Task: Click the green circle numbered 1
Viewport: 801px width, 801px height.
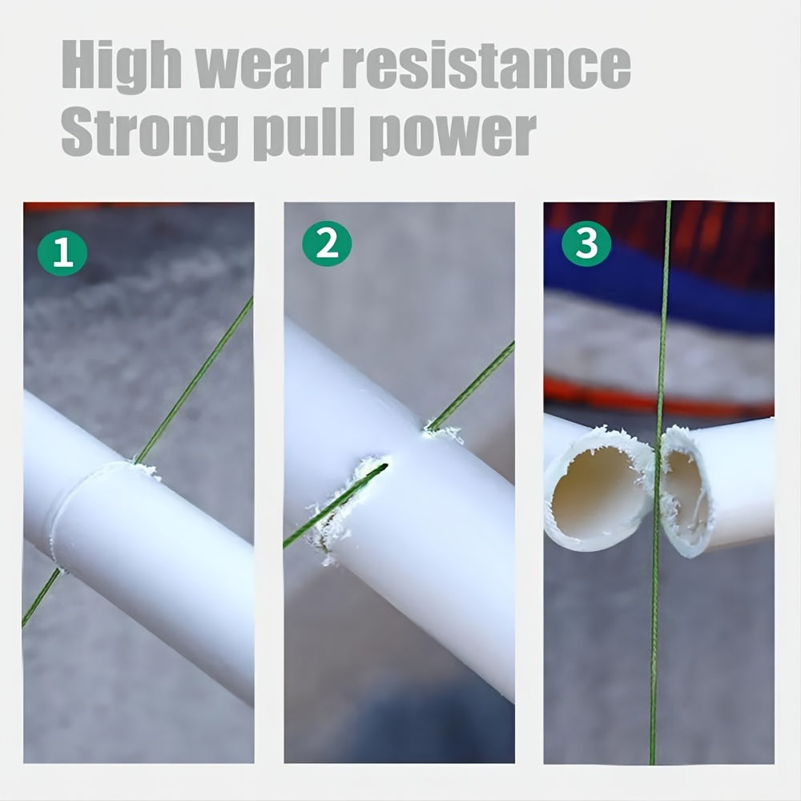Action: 62,253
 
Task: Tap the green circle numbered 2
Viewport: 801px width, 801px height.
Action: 327,244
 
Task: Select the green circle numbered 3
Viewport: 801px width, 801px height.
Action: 586,244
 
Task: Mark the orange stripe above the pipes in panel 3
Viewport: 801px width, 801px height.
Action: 609,395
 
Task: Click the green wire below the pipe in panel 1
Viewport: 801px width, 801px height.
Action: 40,597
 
